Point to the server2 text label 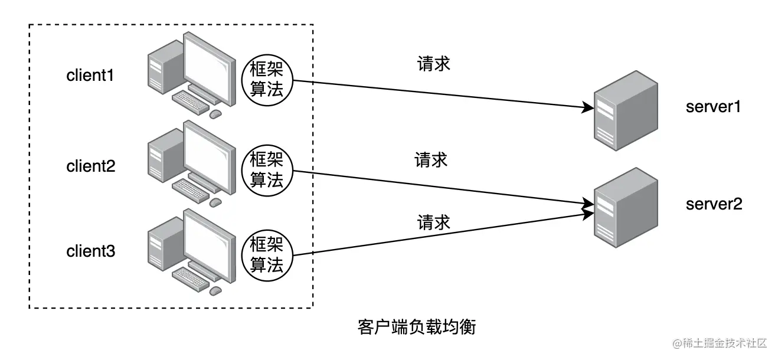[714, 204]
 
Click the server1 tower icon [626, 111]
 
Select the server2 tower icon [626, 208]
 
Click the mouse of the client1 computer [216, 113]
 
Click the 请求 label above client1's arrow [434, 63]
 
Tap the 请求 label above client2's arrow [431, 159]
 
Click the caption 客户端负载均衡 [416, 326]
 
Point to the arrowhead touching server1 [588, 108]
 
